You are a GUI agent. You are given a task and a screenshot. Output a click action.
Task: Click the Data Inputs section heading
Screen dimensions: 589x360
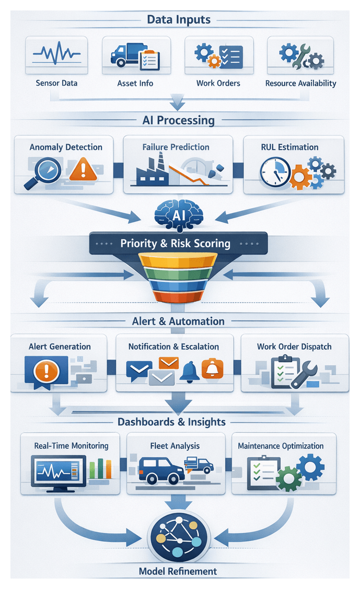point(179,20)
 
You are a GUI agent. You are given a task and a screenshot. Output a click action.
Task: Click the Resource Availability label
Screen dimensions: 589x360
point(300,83)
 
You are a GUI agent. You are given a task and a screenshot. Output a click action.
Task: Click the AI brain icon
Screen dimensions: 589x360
point(179,215)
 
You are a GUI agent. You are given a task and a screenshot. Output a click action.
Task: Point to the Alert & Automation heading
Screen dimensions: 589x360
point(179,321)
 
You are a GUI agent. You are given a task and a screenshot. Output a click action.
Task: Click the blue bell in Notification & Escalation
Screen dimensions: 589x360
point(190,371)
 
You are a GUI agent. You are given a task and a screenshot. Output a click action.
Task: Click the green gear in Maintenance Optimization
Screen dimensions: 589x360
point(286,479)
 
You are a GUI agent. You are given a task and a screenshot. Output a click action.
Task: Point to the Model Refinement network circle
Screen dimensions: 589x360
point(179,539)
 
